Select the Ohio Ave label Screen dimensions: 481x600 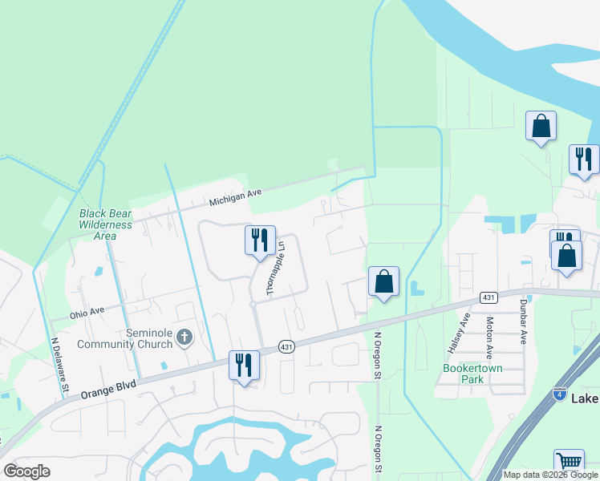pos(87,311)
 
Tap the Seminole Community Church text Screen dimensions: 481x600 pos(124,338)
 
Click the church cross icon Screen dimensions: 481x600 pos(184,337)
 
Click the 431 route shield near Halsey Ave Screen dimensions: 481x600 pos(489,297)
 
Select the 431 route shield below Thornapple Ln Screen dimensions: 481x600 pos(286,346)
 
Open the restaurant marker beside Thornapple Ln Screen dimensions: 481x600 pos(260,240)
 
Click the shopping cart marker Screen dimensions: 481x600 pos(569,462)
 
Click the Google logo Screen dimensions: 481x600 pos(27,471)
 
